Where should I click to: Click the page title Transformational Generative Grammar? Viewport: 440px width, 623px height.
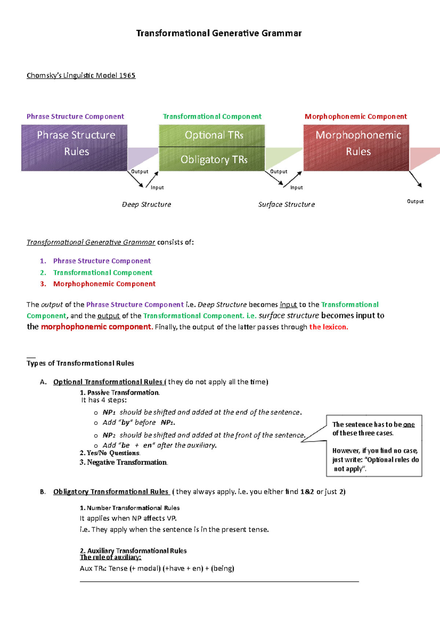[x=219, y=33]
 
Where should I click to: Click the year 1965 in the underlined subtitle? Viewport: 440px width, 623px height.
[x=127, y=76]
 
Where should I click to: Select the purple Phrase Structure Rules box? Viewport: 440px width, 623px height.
[x=74, y=147]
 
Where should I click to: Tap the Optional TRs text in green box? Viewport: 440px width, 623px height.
[x=214, y=135]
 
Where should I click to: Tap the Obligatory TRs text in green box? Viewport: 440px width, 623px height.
[x=214, y=160]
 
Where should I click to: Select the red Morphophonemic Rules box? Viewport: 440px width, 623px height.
[x=356, y=147]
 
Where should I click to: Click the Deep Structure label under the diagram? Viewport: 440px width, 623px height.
[x=146, y=204]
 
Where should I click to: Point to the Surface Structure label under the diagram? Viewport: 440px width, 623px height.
[x=286, y=204]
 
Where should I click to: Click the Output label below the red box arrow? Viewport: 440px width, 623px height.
[x=415, y=201]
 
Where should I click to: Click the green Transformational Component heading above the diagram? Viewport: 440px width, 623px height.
[x=212, y=117]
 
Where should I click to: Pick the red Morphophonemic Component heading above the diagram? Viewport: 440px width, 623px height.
[x=356, y=117]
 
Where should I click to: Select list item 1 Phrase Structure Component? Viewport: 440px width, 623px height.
[x=102, y=261]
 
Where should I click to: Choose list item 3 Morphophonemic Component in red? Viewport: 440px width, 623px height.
[x=104, y=284]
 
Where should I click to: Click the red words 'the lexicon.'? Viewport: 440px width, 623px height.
[x=329, y=327]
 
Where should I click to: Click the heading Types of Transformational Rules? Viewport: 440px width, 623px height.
[x=80, y=363]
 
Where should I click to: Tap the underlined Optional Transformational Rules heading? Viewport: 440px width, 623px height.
[x=108, y=382]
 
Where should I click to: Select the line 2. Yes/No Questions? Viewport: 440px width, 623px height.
[x=110, y=453]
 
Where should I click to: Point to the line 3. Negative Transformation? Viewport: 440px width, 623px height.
[x=124, y=462]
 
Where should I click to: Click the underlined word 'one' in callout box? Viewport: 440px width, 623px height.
[x=409, y=425]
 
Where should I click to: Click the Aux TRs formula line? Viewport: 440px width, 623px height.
[x=157, y=568]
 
